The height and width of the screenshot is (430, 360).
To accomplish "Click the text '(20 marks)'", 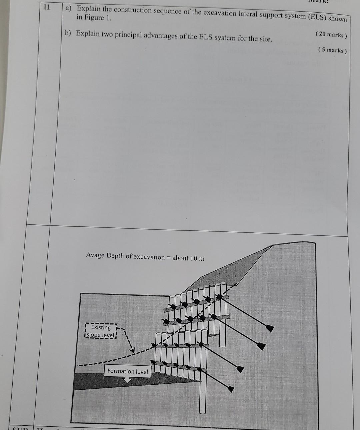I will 331,35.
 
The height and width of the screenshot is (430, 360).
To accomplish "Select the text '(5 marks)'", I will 332,50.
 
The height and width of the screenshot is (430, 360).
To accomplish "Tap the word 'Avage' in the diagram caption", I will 95,255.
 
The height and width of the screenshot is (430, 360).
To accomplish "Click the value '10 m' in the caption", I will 197,258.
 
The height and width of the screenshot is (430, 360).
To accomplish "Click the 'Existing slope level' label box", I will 101,331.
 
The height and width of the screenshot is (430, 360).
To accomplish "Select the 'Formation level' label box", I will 127,371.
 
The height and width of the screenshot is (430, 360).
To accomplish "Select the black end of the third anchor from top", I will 240,369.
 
